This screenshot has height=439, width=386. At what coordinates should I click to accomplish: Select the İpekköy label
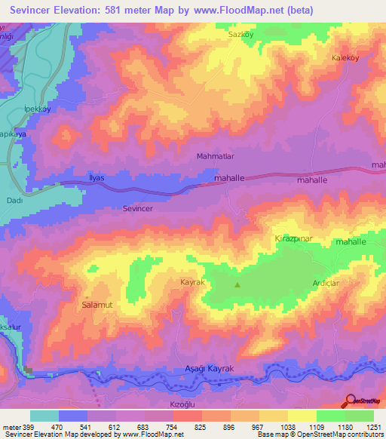click(38, 107)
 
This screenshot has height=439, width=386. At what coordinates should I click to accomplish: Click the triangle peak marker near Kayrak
click(238, 284)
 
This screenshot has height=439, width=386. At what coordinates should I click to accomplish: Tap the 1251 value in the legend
click(373, 426)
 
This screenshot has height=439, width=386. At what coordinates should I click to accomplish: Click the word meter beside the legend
click(11, 426)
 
